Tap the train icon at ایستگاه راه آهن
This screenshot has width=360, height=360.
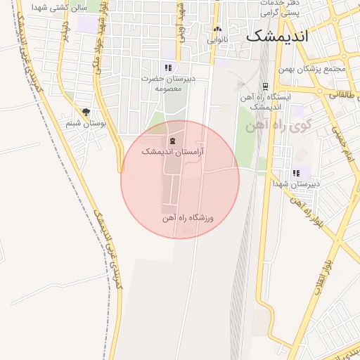pyautogui.click(x=266, y=86)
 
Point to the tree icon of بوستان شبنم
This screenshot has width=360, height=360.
pyautogui.click(x=86, y=112)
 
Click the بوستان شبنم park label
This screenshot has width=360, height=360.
pyautogui.click(x=86, y=123)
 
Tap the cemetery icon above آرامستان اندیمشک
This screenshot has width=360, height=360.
pyautogui.click(x=172, y=141)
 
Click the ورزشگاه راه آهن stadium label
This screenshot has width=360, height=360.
pyautogui.click(x=188, y=218)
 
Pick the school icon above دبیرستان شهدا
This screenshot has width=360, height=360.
pyautogui.click(x=296, y=173)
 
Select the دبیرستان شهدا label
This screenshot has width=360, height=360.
pyautogui.click(x=296, y=184)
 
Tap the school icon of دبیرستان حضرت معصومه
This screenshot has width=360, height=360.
pyautogui.click(x=167, y=67)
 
